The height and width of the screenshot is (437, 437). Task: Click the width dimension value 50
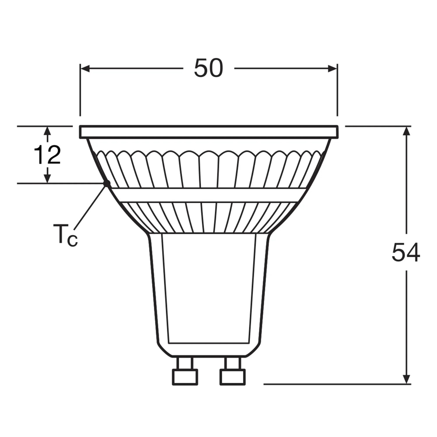208,68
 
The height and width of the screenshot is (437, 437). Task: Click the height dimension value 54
406,253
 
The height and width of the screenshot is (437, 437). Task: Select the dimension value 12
47,155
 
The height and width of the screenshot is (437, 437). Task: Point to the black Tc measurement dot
107,183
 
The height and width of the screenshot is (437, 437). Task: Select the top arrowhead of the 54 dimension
407,131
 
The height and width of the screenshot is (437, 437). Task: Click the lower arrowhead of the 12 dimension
47,178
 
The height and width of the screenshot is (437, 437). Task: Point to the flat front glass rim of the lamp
209,132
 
